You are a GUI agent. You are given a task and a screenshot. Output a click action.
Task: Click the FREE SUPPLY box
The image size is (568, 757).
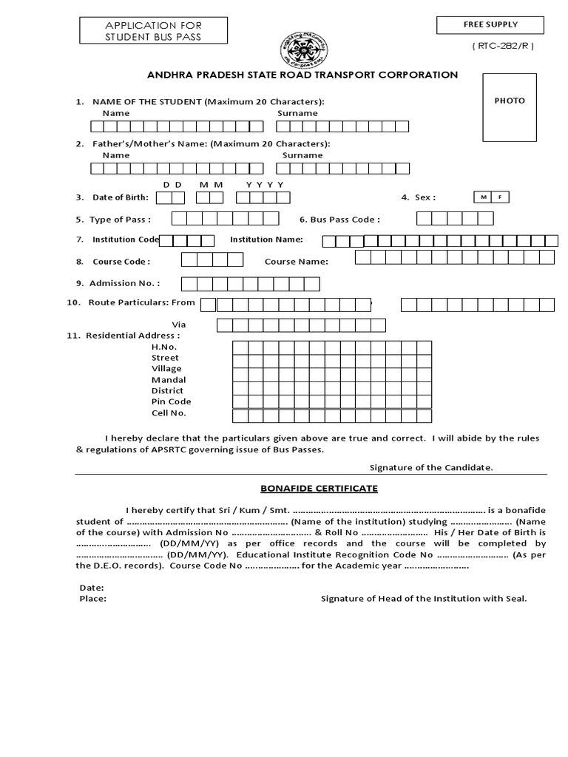click(x=490, y=25)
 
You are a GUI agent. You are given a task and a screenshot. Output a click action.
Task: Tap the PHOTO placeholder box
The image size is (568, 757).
click(x=510, y=107)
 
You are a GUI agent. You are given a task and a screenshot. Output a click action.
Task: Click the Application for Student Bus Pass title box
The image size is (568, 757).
click(x=153, y=31)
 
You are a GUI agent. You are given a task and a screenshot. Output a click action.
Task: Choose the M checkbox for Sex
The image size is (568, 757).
click(x=482, y=197)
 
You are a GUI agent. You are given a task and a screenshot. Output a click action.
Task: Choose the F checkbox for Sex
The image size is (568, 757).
click(x=501, y=197)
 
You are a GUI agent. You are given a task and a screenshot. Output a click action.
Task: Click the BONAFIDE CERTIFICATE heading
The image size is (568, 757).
click(x=319, y=489)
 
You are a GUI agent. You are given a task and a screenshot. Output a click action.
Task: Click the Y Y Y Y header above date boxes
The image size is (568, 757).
click(x=265, y=184)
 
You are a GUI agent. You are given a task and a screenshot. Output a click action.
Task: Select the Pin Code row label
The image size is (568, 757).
click(x=171, y=401)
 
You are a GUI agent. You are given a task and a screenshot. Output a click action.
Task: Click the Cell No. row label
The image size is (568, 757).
click(x=169, y=413)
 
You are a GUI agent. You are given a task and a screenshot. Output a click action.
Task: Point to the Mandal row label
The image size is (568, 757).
click(x=169, y=379)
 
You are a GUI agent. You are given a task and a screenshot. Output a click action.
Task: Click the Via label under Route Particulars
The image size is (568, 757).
click(x=178, y=325)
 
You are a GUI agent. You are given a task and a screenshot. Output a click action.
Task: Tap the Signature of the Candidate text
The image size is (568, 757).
click(x=431, y=467)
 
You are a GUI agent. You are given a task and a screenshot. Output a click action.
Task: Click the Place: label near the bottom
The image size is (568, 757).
click(x=92, y=599)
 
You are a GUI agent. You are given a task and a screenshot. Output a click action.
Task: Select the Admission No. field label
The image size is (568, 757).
click(x=124, y=283)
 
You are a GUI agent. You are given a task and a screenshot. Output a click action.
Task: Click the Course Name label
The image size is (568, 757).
click(x=297, y=261)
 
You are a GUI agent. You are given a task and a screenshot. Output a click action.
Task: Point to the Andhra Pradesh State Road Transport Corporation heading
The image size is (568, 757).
click(x=302, y=75)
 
